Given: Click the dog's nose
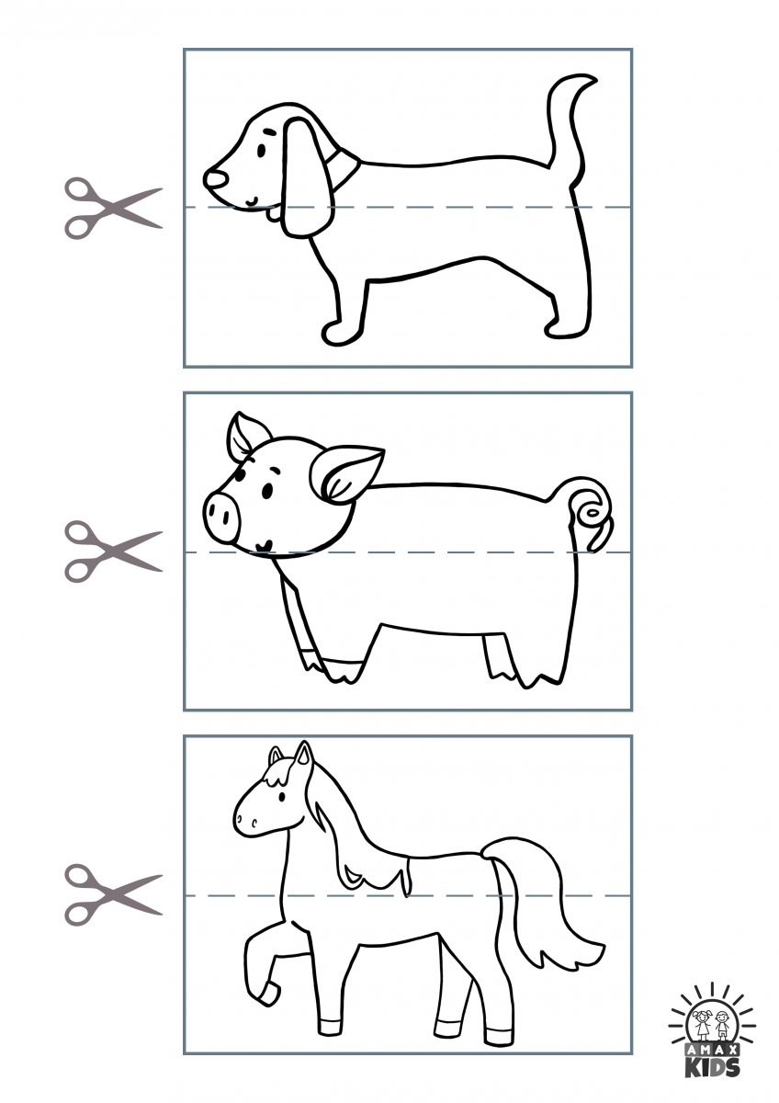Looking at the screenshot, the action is point(216,177).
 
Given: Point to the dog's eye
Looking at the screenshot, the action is point(261,150).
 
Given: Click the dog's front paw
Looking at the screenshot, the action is point(340,332).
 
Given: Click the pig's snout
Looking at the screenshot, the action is point(221,516).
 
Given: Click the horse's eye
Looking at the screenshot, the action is point(281,795).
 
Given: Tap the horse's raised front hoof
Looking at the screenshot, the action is point(268,994).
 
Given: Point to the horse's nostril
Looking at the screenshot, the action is point(254,822).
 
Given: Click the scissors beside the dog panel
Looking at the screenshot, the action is point(112,209).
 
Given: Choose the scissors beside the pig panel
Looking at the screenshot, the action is point(112,551).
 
